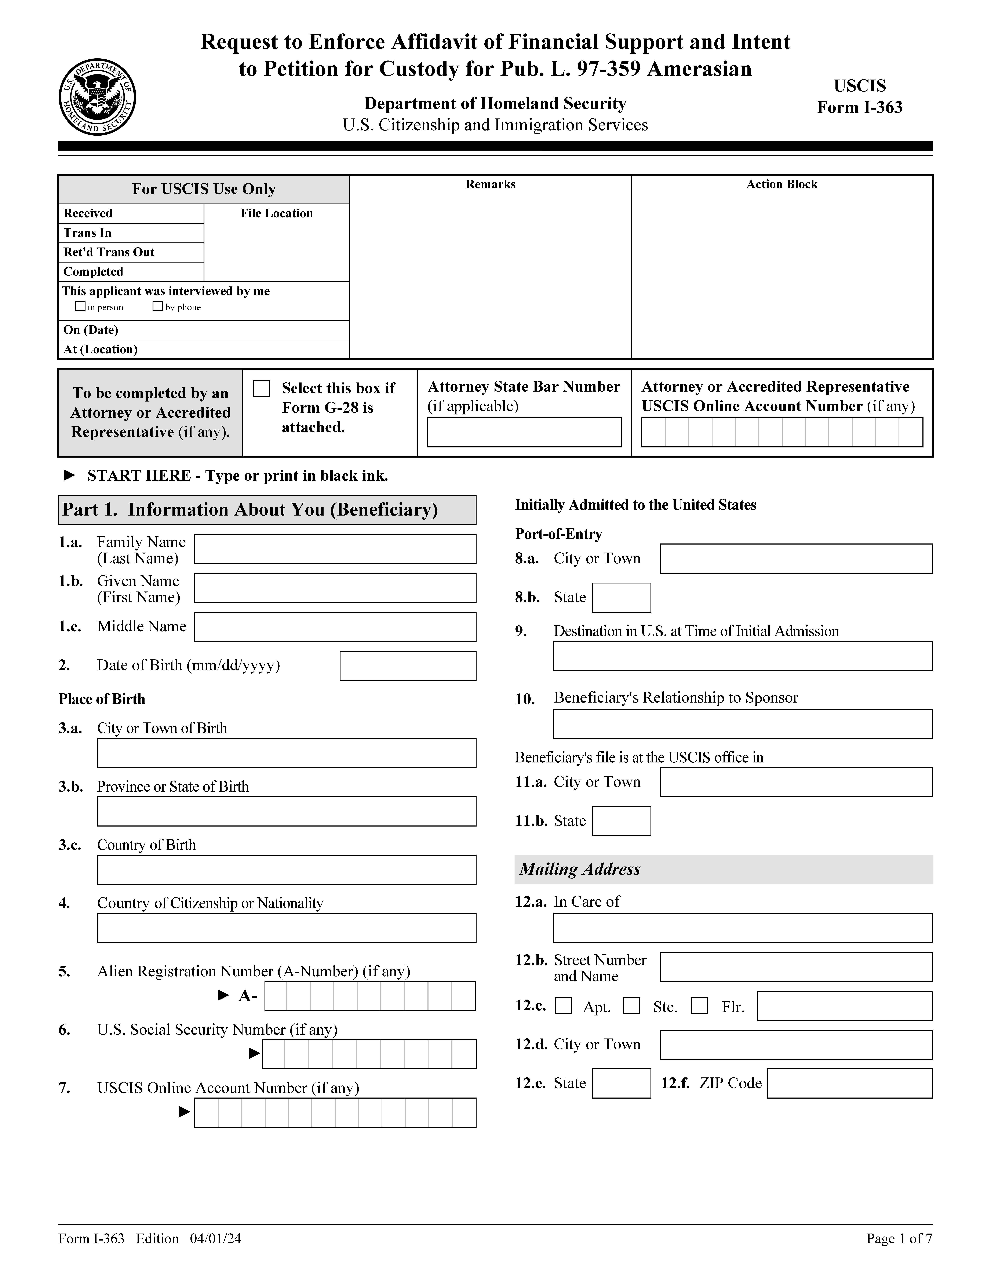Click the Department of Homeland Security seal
point(97,97)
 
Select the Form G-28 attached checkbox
point(261,389)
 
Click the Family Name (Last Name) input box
point(335,549)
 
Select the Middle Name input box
point(335,627)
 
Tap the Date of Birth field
point(407,666)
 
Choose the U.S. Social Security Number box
point(369,1054)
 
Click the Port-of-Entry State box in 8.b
point(621,598)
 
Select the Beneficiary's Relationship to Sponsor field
point(743,724)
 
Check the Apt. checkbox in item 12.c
point(564,1006)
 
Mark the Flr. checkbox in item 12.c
point(699,1006)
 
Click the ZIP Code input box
point(849,1084)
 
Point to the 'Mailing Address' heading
point(580,869)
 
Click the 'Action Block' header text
point(781,184)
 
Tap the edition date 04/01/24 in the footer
point(215,1239)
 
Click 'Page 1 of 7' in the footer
point(899,1239)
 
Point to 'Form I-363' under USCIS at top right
point(860,107)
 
